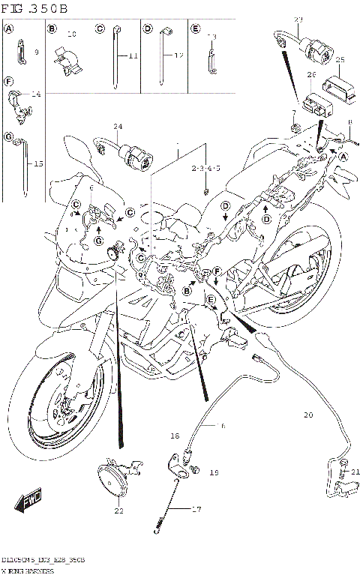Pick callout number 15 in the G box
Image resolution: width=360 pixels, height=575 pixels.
(39, 164)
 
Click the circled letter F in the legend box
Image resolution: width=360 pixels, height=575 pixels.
(9, 81)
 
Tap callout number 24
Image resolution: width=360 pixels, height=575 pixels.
(117, 126)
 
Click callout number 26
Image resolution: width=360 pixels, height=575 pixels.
(311, 76)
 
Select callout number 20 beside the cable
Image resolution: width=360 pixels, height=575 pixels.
(307, 415)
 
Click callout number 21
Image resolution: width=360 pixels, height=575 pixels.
(355, 472)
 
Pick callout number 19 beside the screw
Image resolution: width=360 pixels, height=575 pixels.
(214, 473)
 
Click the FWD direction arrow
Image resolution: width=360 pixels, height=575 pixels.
(31, 502)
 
